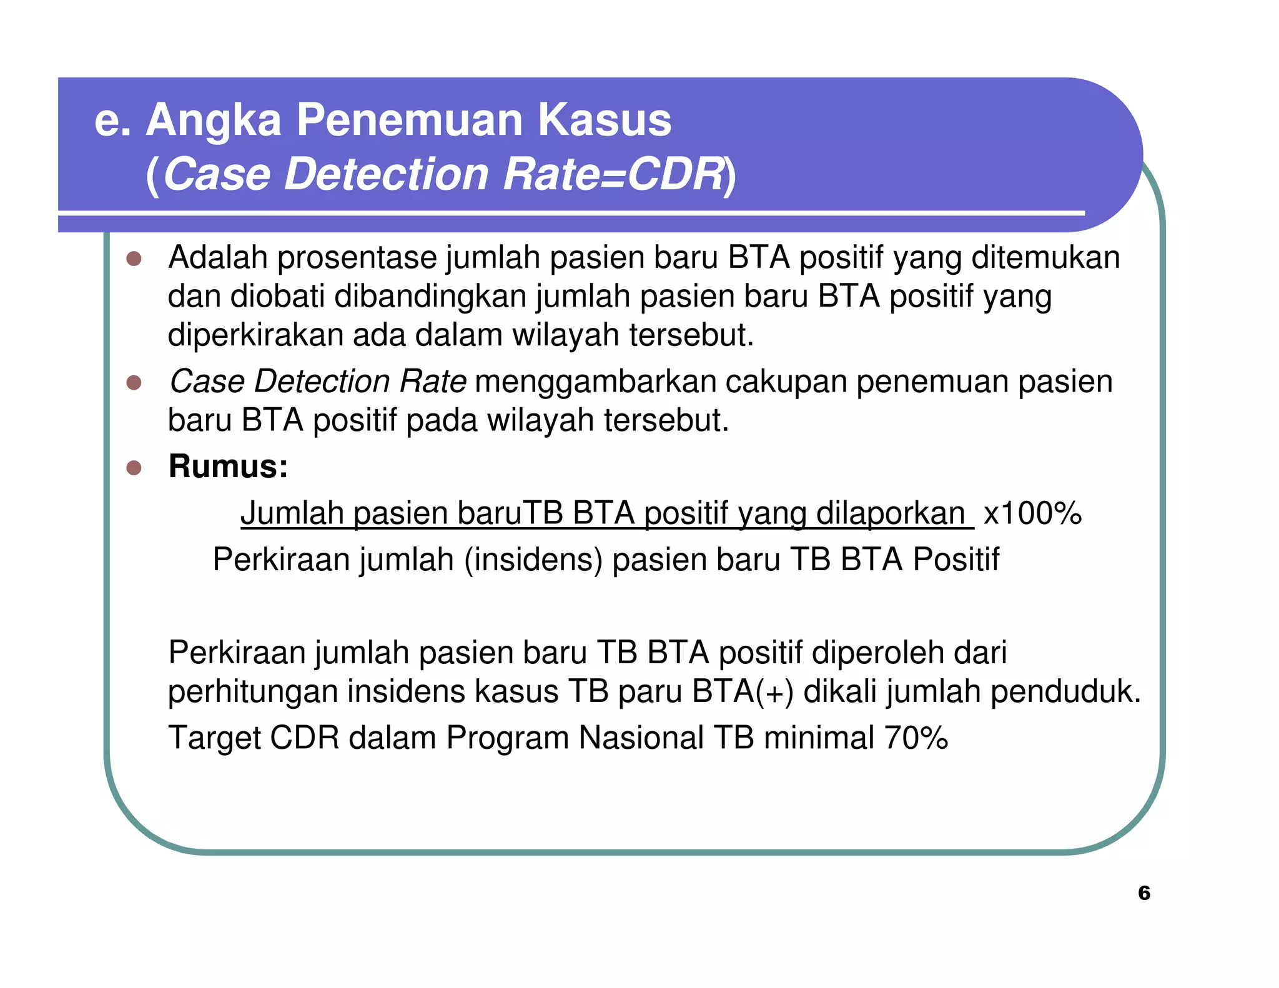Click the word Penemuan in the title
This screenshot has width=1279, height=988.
click(x=409, y=120)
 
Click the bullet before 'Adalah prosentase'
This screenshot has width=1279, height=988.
click(x=134, y=259)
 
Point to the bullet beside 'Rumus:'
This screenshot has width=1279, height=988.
click(x=134, y=468)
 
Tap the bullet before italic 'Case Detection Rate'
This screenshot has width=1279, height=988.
click(x=134, y=382)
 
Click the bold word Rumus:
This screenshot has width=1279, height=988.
click(x=228, y=467)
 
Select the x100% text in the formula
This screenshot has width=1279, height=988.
click(x=1032, y=513)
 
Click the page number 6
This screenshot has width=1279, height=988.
click(x=1143, y=893)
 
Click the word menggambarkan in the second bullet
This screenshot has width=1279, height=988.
click(x=595, y=382)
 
